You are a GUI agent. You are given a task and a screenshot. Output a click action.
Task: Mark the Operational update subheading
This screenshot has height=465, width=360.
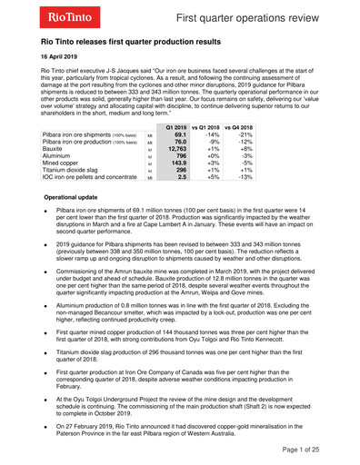coord(77,196)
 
